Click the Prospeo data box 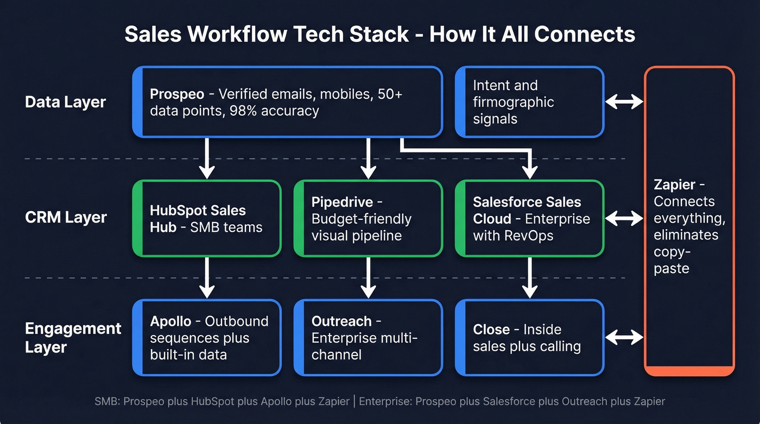point(288,102)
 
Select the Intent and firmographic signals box point(529,102)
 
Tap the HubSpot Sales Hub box point(207,218)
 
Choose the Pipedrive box point(368,218)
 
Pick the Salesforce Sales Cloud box point(529,218)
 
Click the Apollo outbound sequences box point(207,338)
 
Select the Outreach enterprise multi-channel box point(368,338)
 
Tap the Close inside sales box point(529,338)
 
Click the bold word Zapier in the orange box point(674,185)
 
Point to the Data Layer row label point(65,102)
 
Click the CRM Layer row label point(66,218)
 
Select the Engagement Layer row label point(72,338)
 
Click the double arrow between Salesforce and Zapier point(624,219)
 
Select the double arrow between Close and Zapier point(624,338)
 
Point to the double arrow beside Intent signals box point(624,102)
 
